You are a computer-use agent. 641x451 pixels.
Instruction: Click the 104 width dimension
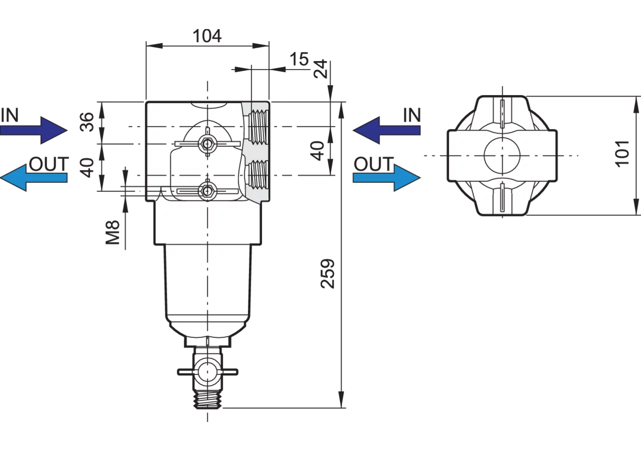[x=207, y=36]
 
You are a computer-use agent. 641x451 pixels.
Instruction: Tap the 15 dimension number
[x=299, y=59]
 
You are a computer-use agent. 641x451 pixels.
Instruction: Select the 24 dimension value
[x=320, y=69]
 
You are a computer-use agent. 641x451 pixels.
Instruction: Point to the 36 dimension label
[x=87, y=122]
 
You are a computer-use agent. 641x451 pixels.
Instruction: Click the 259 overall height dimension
[x=328, y=274]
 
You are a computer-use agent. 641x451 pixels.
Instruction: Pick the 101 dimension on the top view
[x=622, y=154]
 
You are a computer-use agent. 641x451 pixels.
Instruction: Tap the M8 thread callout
[x=113, y=232]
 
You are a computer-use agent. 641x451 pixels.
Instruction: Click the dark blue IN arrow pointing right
[x=34, y=130]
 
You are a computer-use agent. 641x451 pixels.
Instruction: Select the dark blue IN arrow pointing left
[x=387, y=130]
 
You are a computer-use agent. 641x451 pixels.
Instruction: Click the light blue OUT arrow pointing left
[x=34, y=178]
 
